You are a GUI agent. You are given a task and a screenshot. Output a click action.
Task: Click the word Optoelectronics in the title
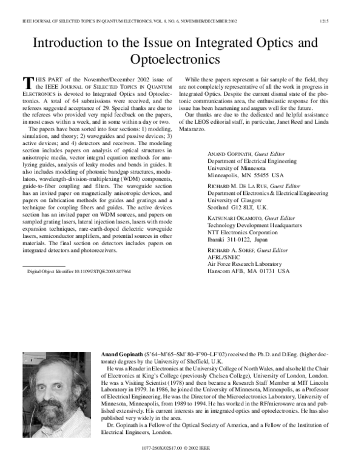175,59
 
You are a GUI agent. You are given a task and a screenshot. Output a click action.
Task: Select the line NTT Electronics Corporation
247,232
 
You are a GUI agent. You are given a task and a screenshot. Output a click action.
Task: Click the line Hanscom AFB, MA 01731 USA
249,272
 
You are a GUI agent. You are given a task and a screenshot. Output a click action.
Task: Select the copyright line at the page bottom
181,456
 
